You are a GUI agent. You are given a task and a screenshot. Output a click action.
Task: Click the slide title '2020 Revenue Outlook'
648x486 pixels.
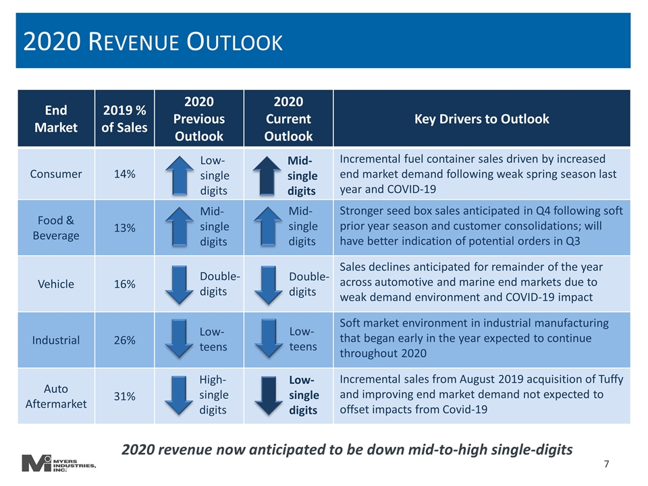point(153,42)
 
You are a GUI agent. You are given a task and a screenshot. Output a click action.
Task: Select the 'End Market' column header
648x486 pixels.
point(56,119)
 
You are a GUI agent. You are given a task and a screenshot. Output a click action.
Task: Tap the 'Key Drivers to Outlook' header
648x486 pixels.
point(482,119)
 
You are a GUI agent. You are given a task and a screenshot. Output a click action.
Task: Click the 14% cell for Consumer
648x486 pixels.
point(124,174)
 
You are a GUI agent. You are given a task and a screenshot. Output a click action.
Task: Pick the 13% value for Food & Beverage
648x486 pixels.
point(124,227)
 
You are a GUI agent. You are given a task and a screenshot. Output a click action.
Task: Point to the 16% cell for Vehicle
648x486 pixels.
point(124,284)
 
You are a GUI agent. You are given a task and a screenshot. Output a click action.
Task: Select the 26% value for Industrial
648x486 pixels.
point(124,340)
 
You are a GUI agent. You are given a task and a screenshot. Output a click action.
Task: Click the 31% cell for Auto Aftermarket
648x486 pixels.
point(124,396)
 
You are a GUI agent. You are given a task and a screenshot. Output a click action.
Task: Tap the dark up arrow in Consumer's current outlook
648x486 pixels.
point(267,175)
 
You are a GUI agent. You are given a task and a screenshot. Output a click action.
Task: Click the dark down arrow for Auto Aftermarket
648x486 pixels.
point(269,396)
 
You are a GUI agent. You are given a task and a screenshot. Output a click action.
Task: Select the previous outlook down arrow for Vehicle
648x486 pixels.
point(179,285)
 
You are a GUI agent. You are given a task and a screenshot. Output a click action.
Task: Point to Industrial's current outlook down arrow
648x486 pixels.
point(269,338)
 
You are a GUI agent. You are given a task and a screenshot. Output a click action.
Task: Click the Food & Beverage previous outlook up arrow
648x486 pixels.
point(180,227)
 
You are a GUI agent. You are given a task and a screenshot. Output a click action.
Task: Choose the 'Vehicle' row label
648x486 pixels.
point(56,284)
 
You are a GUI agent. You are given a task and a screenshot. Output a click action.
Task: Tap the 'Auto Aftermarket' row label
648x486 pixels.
point(56,396)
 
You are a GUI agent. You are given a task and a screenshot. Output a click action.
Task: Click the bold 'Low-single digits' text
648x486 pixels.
point(304,395)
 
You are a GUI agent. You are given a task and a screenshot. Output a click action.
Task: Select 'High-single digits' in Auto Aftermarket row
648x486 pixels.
point(214,395)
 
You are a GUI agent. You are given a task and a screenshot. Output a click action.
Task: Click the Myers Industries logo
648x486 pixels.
point(59,463)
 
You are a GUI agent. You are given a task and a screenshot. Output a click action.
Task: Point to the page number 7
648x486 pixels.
point(606,464)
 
